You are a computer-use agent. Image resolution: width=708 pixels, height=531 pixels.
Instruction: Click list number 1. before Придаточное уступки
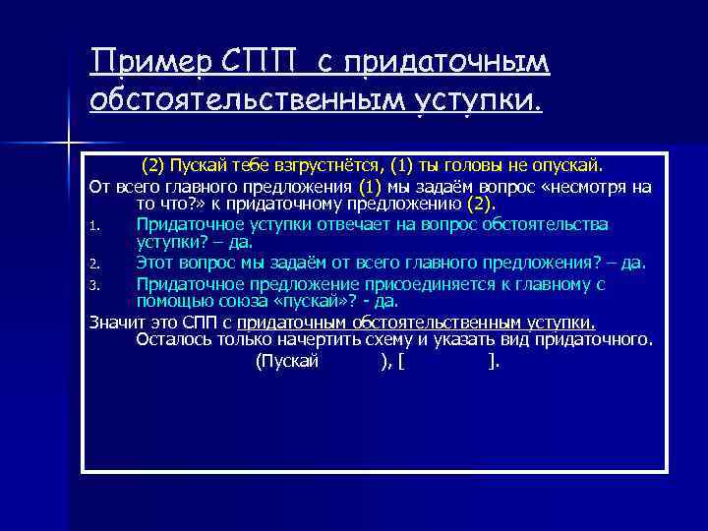click(93, 226)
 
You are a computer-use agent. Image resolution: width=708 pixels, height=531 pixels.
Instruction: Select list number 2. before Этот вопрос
click(93, 265)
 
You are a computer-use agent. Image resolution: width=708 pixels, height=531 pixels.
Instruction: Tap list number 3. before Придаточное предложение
click(93, 285)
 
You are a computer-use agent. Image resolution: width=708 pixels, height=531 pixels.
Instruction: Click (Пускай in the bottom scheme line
click(287, 362)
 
